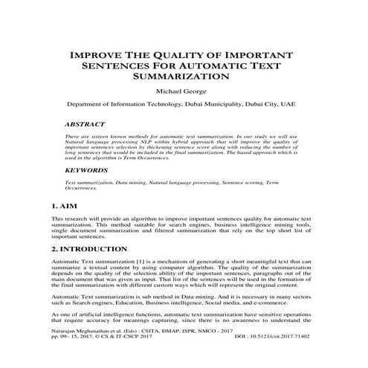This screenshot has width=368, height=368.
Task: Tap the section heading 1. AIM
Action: (65, 204)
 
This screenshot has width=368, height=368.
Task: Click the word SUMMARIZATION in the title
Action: (183, 76)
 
